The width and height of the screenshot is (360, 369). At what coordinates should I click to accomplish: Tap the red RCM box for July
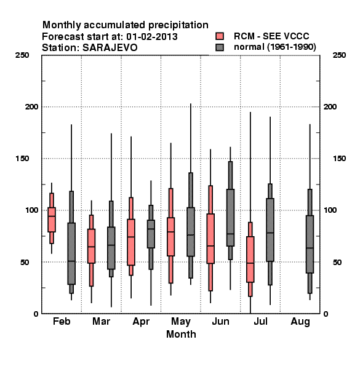[x=250, y=260]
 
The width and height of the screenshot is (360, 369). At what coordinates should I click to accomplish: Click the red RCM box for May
[x=170, y=237]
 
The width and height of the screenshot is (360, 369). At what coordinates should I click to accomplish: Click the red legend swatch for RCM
[x=220, y=36]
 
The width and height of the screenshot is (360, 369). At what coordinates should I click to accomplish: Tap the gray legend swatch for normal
[x=220, y=47]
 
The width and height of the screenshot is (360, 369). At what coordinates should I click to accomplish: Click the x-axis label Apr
[x=141, y=322]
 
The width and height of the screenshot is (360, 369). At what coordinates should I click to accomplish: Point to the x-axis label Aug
[x=300, y=322]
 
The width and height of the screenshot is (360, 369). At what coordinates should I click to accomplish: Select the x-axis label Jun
[x=220, y=322]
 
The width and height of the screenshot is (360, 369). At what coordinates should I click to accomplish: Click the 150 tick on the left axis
[x=22, y=159]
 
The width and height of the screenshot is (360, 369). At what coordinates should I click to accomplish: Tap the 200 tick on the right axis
[x=330, y=107]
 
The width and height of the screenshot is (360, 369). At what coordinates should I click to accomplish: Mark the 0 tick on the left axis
[x=36, y=314]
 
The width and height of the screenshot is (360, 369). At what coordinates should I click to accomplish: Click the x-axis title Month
[x=181, y=334]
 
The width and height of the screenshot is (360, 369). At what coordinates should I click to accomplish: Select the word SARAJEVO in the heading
[x=110, y=48]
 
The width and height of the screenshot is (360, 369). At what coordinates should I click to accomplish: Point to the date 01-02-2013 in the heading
[x=152, y=37]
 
